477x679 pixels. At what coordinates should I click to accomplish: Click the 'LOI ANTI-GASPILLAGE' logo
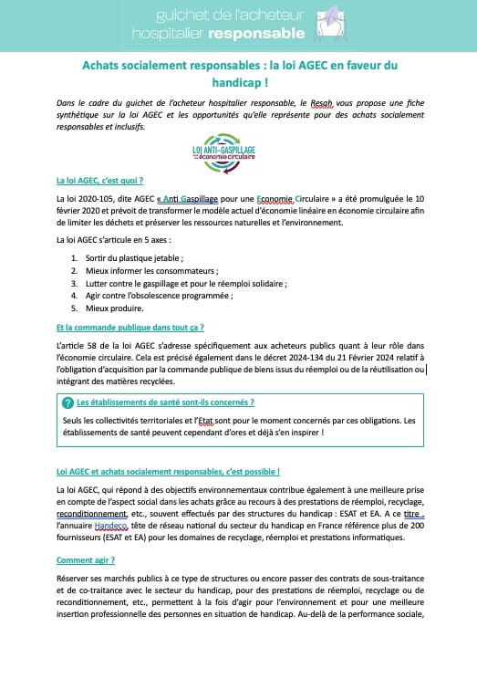pyautogui.click(x=224, y=152)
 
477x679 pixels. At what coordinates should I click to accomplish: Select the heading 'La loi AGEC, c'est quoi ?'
pyautogui.click(x=99, y=181)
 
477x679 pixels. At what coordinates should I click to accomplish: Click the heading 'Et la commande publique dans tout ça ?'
pyautogui.click(x=130, y=326)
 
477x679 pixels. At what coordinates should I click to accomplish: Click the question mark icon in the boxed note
pyautogui.click(x=67, y=403)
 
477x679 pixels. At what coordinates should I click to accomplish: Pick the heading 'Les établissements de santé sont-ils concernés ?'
pyautogui.click(x=165, y=402)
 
